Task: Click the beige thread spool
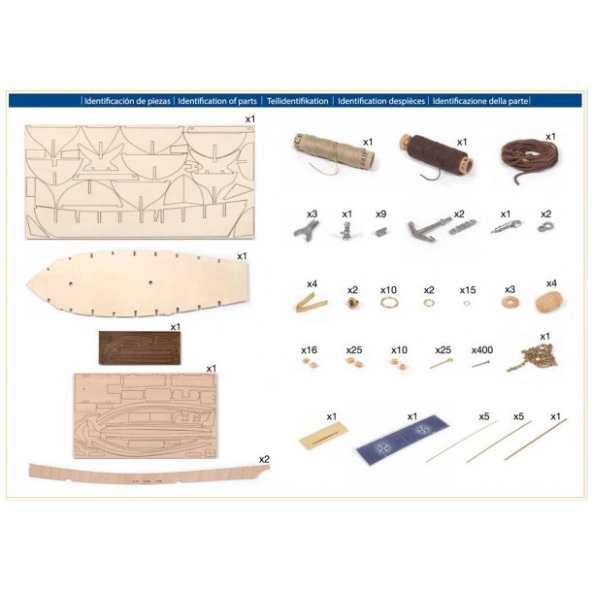point(332,153)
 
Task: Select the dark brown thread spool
point(436,156)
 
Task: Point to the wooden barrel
point(549,302)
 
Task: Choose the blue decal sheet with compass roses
point(402,439)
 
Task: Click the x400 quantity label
point(482,350)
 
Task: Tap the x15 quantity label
point(468,290)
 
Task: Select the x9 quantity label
point(381,214)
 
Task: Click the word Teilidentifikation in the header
point(297,101)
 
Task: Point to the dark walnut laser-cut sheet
point(140,347)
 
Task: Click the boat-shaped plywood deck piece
point(138,282)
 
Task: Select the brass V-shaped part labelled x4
point(311,303)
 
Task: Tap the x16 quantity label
point(309,350)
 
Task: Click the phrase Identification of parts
point(217,101)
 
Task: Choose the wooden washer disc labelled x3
point(510,302)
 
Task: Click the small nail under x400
point(479,364)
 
